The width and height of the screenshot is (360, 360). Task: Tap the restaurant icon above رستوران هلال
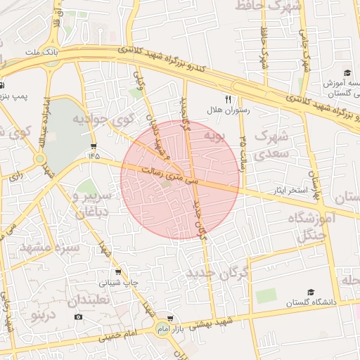(227, 99)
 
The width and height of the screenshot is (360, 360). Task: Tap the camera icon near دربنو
(77, 317)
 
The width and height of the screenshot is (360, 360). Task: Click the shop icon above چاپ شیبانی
(117, 272)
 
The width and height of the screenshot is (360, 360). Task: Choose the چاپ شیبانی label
(112, 283)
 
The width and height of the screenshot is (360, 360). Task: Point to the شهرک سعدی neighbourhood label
(270, 141)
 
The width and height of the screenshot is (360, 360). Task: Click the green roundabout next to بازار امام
(162, 330)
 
